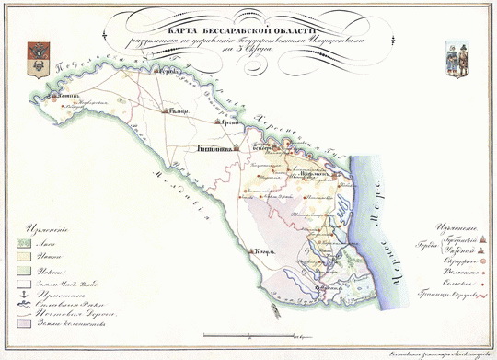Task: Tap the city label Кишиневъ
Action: [215, 147]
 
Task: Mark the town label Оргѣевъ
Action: [229, 122]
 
